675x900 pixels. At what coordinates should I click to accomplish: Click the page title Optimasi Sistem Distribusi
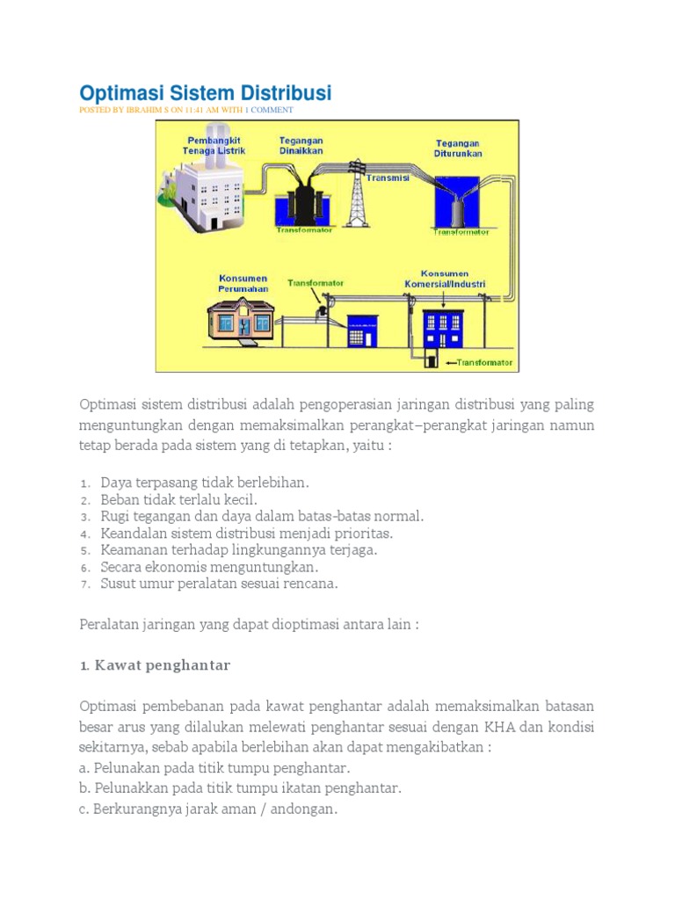pyautogui.click(x=206, y=92)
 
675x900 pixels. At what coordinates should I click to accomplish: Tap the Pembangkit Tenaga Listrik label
pyautogui.click(x=214, y=145)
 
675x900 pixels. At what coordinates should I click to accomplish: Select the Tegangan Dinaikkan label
pyautogui.click(x=301, y=145)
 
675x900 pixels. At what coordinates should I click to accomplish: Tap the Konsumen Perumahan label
pyautogui.click(x=243, y=283)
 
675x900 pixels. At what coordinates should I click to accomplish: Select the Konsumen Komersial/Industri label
pyautogui.click(x=444, y=279)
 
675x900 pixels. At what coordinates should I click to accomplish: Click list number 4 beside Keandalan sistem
pyautogui.click(x=84, y=533)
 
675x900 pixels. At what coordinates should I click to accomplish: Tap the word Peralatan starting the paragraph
pyautogui.click(x=110, y=624)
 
